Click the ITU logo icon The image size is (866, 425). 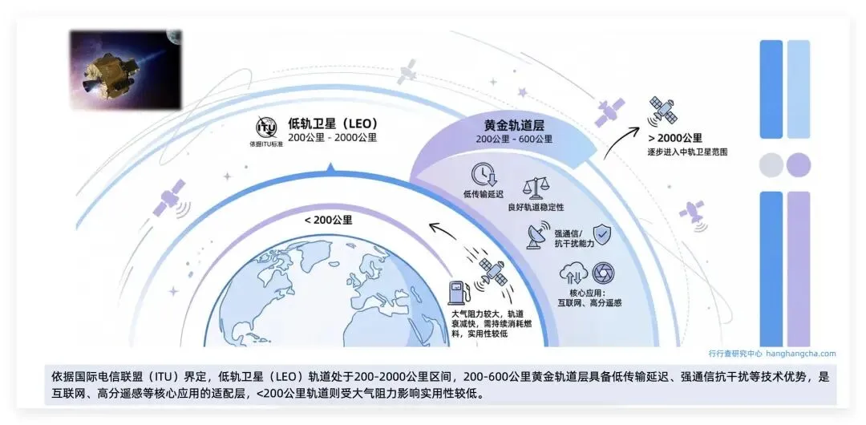266,128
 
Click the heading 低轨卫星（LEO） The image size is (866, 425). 333,123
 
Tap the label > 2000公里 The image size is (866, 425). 675,137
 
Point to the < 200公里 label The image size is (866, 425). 328,219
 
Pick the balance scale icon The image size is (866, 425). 535,188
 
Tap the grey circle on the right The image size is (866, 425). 771,165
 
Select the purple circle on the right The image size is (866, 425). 799,165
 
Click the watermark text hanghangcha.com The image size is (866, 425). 800,353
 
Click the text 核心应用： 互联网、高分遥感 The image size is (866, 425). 589,298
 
